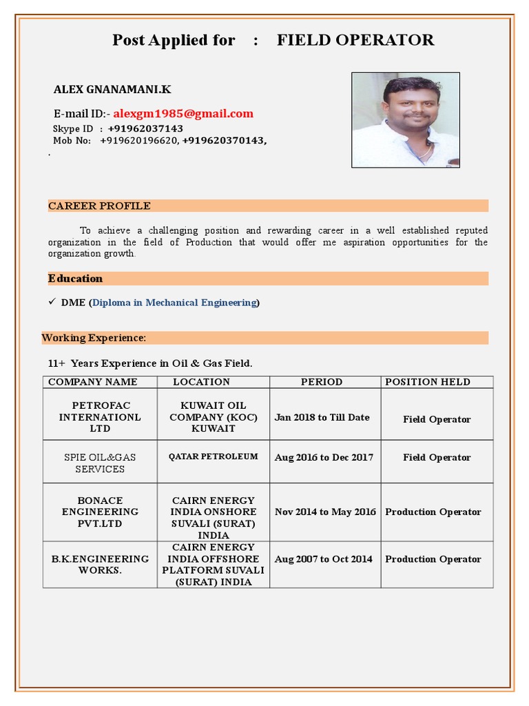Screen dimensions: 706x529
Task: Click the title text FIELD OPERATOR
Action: [x=355, y=40]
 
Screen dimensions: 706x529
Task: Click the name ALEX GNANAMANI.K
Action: [x=112, y=90]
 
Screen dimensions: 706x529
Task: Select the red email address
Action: [x=183, y=114]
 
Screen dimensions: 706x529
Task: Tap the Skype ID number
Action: [x=145, y=129]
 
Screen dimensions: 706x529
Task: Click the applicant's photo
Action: [x=405, y=120]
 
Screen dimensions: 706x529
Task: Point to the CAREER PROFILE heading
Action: [x=99, y=206]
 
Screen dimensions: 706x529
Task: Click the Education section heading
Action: [x=75, y=279]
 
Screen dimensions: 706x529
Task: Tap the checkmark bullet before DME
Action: [x=52, y=302]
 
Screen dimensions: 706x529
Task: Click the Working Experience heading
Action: [x=94, y=338]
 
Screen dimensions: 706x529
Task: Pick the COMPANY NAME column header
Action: [x=93, y=382]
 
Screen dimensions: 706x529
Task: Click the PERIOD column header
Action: [x=322, y=382]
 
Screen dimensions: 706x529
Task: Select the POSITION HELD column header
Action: [x=428, y=382]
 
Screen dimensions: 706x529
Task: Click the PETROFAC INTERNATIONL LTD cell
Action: [x=100, y=417]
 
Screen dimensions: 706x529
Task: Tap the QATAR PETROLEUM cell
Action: [x=214, y=456]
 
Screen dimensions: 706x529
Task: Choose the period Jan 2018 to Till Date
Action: [x=322, y=417]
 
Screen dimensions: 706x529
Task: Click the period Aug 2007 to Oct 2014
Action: [x=324, y=559]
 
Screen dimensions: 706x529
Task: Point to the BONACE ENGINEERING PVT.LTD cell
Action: [x=100, y=512]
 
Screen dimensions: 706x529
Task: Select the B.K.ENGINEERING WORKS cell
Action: [x=100, y=565]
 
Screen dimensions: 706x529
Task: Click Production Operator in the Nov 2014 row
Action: [x=433, y=512]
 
